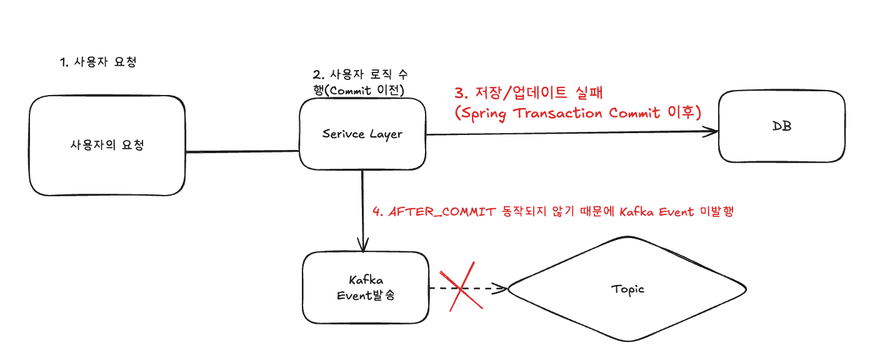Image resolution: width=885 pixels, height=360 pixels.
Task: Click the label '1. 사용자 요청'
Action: [98, 62]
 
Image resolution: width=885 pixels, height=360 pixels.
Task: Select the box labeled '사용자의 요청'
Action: [107, 146]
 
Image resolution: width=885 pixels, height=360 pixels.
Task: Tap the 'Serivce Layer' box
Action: [362, 133]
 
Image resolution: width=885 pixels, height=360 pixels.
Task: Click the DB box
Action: [781, 126]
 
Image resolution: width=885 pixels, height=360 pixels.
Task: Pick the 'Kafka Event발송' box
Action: [365, 287]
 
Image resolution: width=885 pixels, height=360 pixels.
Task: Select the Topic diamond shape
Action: [627, 289]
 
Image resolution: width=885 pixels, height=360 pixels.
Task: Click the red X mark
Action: [461, 289]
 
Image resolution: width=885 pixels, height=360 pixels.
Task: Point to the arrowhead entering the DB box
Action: [712, 131]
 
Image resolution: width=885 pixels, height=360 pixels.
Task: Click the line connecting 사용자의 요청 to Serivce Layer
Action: [242, 151]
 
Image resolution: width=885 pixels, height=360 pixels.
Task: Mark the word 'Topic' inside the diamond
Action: [627, 289]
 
